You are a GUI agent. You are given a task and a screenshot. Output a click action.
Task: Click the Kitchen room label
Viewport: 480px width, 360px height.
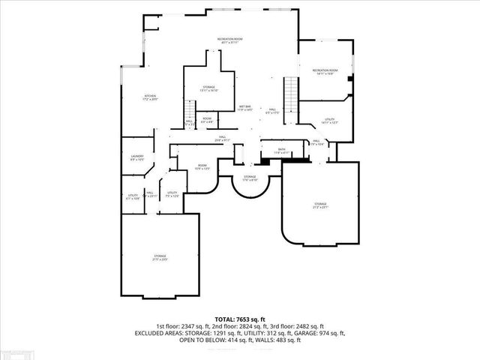pos(150,98)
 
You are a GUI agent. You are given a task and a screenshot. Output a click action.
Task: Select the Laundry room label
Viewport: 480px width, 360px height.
pos(137,157)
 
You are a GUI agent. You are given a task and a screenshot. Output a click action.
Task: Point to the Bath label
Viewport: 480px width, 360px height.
pos(281,151)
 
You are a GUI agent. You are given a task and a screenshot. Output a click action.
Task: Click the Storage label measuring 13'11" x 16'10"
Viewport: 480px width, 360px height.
pos(208,88)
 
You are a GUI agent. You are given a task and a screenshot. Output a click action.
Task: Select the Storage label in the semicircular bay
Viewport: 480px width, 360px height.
pos(250,178)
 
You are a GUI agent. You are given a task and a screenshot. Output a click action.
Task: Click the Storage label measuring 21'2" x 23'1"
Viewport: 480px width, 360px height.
pos(320,205)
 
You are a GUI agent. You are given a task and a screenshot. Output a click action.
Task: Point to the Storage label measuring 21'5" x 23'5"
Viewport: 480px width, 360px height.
pos(160,258)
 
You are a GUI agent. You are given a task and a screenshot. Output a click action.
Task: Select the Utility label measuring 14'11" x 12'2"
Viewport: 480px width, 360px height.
pos(330,121)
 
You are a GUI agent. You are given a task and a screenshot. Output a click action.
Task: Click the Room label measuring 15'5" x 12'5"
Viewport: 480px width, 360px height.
pos(202,166)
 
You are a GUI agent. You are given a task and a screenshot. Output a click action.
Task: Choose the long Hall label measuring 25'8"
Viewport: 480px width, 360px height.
pos(223,138)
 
